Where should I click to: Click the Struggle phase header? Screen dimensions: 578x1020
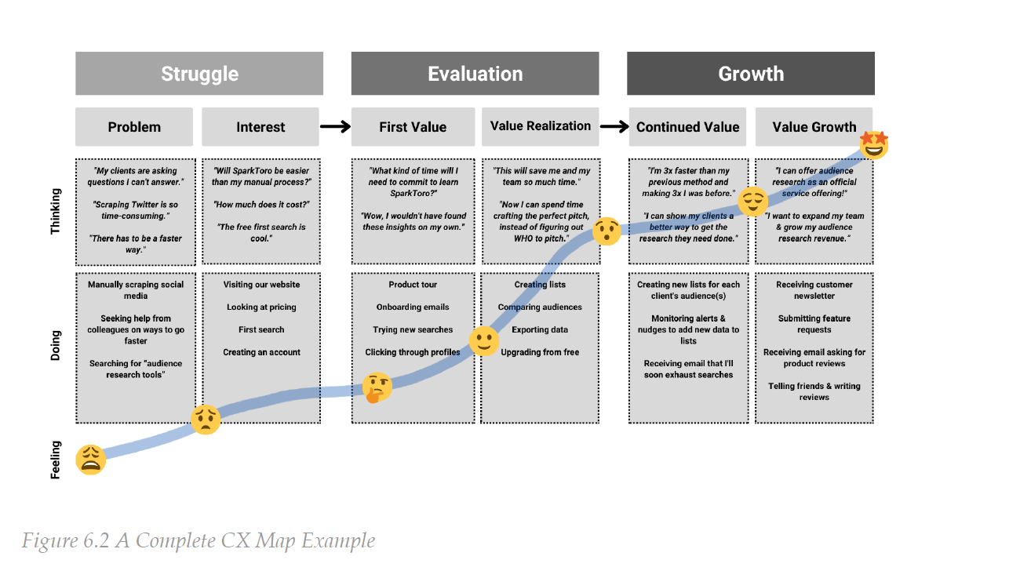[x=199, y=74]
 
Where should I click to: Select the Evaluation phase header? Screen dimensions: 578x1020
[x=475, y=74]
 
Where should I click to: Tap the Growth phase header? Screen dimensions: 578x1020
[x=750, y=74]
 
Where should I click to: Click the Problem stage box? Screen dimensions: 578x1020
[x=134, y=127]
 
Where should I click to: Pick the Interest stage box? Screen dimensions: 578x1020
[x=260, y=127]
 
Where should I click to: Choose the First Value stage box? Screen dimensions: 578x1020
[x=413, y=127]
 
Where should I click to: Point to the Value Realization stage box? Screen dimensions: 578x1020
[x=540, y=126]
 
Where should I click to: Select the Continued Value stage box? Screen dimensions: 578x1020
[x=687, y=127]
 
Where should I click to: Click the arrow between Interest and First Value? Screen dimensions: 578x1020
[x=335, y=127]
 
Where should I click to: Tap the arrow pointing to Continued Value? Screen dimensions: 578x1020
[x=613, y=127]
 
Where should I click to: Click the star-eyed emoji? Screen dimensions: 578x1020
[x=873, y=144]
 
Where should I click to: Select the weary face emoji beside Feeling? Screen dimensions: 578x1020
[x=91, y=460]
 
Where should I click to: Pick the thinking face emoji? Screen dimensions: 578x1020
[x=377, y=387]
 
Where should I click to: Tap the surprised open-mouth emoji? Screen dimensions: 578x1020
[x=606, y=231]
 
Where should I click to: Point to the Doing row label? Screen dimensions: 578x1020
[x=55, y=346]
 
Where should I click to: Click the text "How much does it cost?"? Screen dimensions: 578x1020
[x=261, y=205]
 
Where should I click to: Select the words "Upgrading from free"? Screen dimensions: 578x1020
[x=540, y=352]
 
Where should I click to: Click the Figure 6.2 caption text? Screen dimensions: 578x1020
[x=198, y=541]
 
